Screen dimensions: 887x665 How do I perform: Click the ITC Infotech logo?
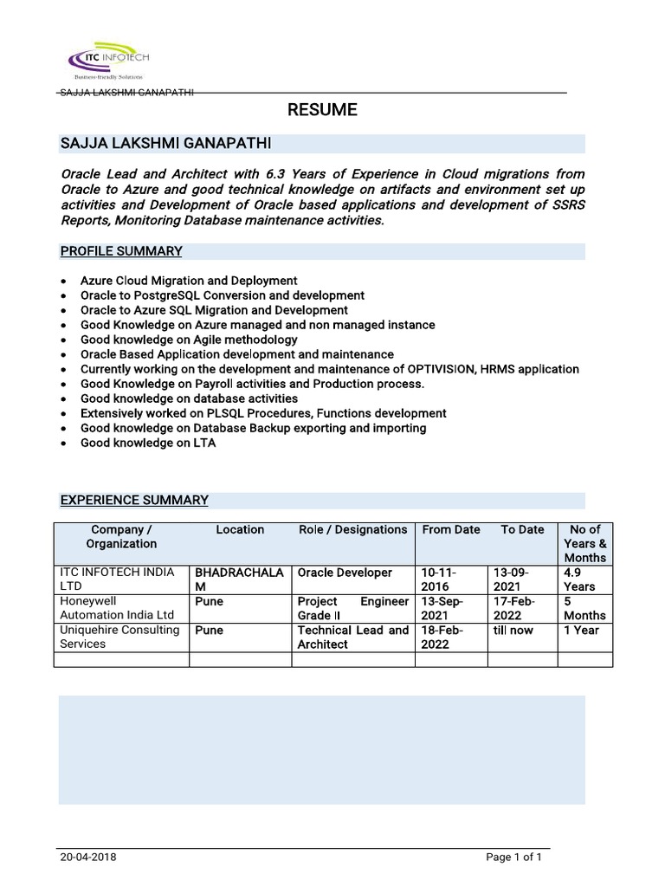[109, 59]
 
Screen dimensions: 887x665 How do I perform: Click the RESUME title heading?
[321, 110]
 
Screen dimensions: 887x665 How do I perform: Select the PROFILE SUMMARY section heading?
[120, 251]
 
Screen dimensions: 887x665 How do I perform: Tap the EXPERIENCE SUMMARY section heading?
[133, 500]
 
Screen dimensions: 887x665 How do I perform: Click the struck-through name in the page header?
[126, 93]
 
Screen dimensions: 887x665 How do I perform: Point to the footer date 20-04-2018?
[88, 858]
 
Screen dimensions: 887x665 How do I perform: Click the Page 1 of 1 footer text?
[513, 858]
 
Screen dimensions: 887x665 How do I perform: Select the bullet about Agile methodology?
[188, 340]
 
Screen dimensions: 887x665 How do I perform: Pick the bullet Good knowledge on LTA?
[148, 443]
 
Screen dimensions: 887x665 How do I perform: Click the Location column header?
[240, 529]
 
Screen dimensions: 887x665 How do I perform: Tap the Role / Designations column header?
[352, 529]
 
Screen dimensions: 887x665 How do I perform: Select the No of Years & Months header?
[584, 543]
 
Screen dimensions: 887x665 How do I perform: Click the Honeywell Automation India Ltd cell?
[112, 608]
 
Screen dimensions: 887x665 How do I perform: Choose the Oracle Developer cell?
[345, 573]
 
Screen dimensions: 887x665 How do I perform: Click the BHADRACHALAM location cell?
[239, 579]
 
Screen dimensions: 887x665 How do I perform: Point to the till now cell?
[513, 630]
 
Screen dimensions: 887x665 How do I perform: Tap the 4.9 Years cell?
[579, 579]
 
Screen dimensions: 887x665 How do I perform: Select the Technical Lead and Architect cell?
[352, 637]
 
